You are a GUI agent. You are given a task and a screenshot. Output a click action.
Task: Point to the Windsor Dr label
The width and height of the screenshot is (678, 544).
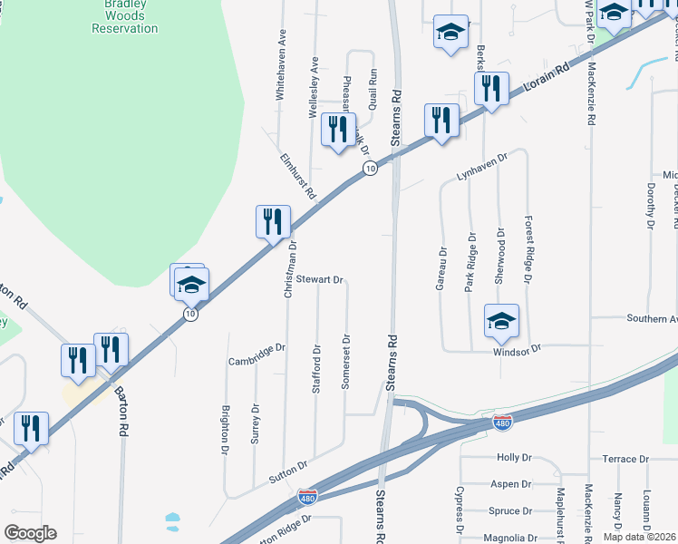(517, 349)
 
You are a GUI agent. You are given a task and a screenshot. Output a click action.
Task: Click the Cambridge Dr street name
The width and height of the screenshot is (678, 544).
(257, 353)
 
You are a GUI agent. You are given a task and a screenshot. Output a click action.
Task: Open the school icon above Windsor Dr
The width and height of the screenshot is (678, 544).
(501, 320)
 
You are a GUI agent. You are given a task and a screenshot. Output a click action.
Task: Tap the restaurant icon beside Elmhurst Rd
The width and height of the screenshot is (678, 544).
(272, 220)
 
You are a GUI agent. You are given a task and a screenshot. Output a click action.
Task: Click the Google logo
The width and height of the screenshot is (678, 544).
(30, 533)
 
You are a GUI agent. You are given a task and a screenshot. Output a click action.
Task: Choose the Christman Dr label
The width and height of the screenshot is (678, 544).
(291, 270)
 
